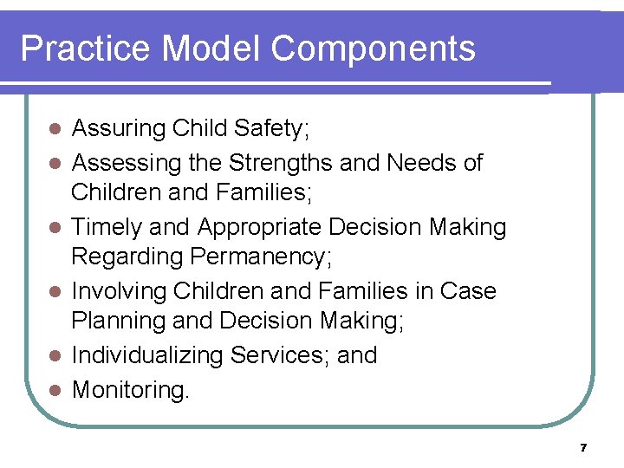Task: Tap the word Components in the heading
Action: point(374,49)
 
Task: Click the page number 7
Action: point(583,448)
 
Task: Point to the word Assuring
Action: point(119,129)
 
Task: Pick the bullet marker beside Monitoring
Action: point(55,389)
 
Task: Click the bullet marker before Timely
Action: point(55,228)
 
